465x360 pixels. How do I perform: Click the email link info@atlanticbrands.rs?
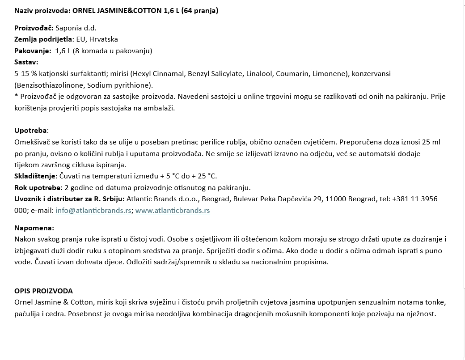pyautogui.click(x=93, y=210)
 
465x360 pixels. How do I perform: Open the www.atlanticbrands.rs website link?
pyautogui.click(x=173, y=210)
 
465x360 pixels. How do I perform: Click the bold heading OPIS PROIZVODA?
pyautogui.click(x=43, y=291)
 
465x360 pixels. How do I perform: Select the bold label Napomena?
pyautogui.click(x=34, y=228)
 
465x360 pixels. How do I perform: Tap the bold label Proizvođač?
pyautogui.click(x=34, y=28)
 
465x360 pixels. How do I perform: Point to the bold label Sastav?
pyautogui.click(x=26, y=62)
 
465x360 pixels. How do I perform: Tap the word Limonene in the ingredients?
pyautogui.click(x=331, y=73)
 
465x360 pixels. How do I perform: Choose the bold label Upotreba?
pyautogui.click(x=30, y=131)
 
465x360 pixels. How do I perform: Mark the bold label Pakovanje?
pyautogui.click(x=33, y=51)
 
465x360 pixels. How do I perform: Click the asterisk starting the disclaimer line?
pyautogui.click(x=16, y=96)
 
